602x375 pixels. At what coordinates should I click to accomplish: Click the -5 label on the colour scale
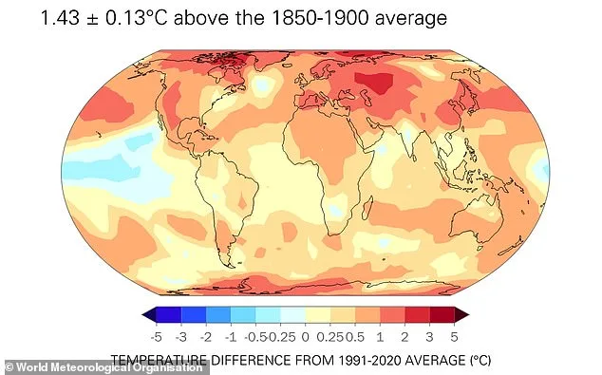156,336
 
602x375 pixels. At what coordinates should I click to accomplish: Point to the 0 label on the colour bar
304,336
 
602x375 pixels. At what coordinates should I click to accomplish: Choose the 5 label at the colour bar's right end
454,336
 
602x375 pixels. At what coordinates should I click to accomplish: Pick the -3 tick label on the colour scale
180,336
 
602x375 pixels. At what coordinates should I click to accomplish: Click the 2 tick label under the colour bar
404,336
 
